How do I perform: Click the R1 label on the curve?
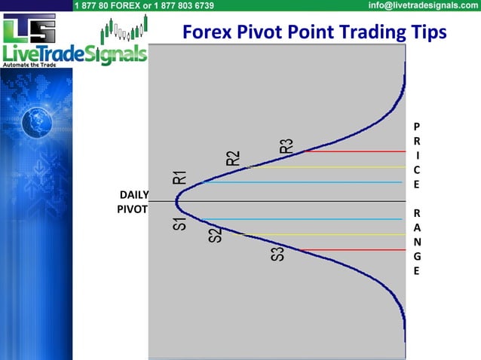tap(179, 177)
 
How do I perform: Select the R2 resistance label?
tap(233, 158)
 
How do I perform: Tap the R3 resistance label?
tap(286, 145)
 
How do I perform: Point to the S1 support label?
tap(179, 224)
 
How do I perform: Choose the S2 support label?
tap(215, 234)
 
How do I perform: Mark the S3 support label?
tap(277, 254)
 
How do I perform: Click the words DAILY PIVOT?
tap(133, 202)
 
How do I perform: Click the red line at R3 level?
tap(354, 151)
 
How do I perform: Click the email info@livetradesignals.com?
tap(423, 5)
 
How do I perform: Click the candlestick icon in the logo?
tap(124, 30)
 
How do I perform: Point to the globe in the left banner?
tap(35, 120)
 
